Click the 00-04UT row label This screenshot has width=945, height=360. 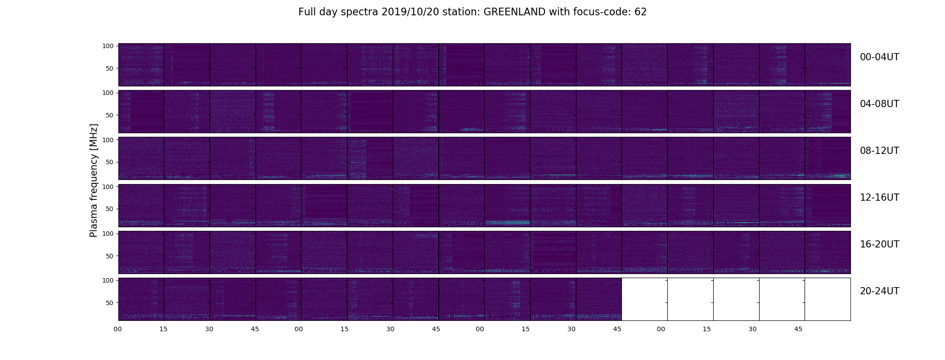click(879, 57)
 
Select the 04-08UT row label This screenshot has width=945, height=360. click(879, 104)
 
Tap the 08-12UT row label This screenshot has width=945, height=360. click(879, 151)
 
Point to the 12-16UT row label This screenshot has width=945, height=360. click(879, 198)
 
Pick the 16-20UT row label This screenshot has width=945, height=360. click(879, 244)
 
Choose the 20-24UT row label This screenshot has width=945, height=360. click(879, 291)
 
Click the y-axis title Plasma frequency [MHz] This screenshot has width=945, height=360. click(94, 180)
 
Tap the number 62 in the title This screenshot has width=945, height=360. click(641, 12)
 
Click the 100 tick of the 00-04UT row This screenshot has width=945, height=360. click(108, 46)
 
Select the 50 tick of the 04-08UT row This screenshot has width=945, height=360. click(109, 115)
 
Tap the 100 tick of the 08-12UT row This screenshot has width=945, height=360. click(108, 139)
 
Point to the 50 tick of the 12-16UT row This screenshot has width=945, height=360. click(109, 209)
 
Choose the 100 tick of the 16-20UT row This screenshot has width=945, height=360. click(108, 233)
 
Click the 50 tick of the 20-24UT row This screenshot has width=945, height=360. click(109, 303)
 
